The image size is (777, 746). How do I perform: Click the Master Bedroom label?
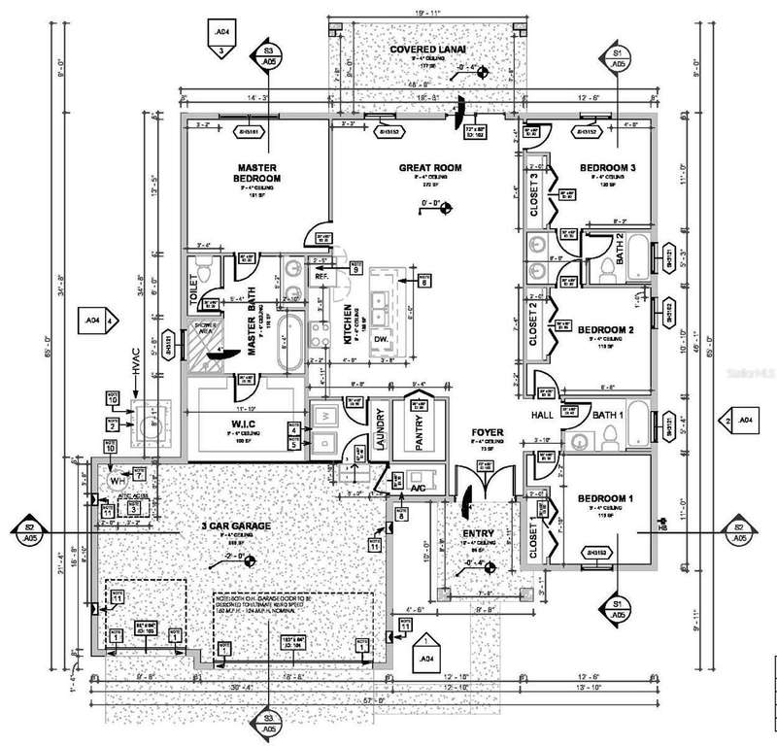pyautogui.click(x=257, y=172)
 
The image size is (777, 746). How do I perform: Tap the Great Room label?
pyautogui.click(x=430, y=168)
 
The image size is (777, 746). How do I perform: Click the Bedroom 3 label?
pyautogui.click(x=608, y=168)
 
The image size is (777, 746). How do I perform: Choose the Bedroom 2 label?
pyautogui.click(x=606, y=329)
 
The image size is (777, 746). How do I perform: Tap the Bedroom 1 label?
pyautogui.click(x=605, y=498)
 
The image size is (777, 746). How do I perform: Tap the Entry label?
pyautogui.click(x=479, y=533)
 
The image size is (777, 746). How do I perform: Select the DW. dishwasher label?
pyautogui.click(x=381, y=338)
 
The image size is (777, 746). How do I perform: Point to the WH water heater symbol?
pyautogui.click(x=116, y=480)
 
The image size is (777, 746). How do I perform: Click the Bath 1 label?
pyautogui.click(x=609, y=415)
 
